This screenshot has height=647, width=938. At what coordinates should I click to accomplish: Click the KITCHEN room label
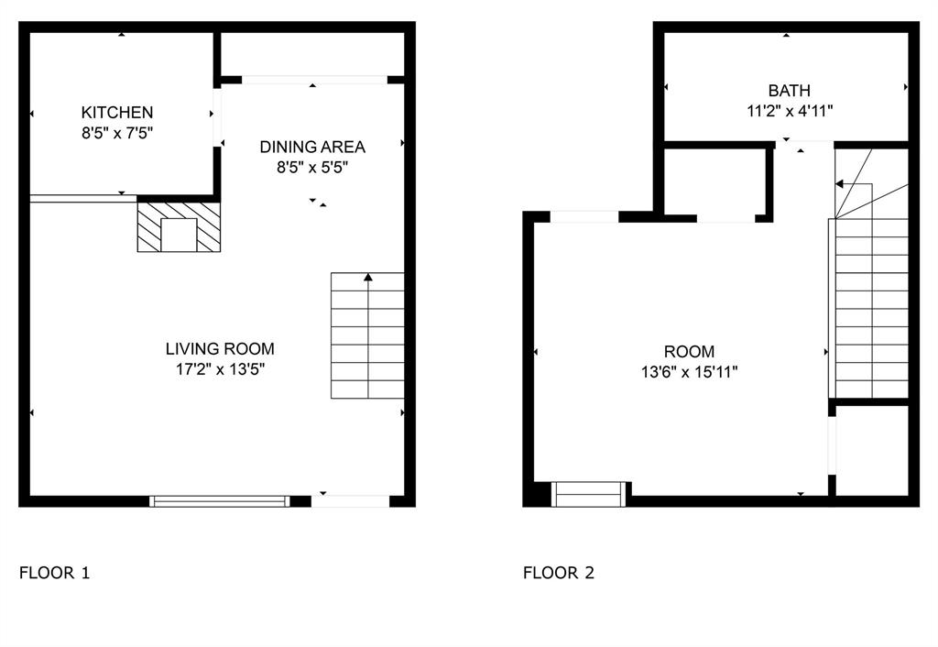pyautogui.click(x=117, y=113)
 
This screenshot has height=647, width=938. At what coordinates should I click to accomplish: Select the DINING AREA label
pyautogui.click(x=312, y=147)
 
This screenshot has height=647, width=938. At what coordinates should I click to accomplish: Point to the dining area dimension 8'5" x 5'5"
pyautogui.click(x=312, y=167)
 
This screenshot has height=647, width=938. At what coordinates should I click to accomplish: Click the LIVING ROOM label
pyautogui.click(x=220, y=348)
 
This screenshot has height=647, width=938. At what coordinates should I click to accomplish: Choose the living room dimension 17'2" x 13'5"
pyautogui.click(x=220, y=369)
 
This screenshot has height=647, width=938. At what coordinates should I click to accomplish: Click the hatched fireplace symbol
pyautogui.click(x=180, y=226)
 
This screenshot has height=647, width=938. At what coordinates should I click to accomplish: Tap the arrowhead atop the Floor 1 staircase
pyautogui.click(x=368, y=277)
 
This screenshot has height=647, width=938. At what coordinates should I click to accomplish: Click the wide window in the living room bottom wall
pyautogui.click(x=220, y=500)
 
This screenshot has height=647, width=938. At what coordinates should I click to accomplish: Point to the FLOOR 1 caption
pyautogui.click(x=55, y=574)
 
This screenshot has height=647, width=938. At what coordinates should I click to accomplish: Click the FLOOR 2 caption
pyautogui.click(x=559, y=574)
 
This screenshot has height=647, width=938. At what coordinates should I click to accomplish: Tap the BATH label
pyautogui.click(x=789, y=91)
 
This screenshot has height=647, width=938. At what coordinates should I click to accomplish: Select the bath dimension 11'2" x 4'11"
pyautogui.click(x=789, y=111)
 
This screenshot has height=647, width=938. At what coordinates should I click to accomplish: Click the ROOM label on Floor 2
pyautogui.click(x=689, y=351)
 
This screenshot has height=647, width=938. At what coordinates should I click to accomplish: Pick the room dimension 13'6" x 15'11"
pyautogui.click(x=689, y=372)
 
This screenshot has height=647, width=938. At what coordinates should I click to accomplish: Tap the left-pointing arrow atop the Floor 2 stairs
pyautogui.click(x=840, y=184)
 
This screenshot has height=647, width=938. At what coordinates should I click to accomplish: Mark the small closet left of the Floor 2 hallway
pyautogui.click(x=714, y=181)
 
